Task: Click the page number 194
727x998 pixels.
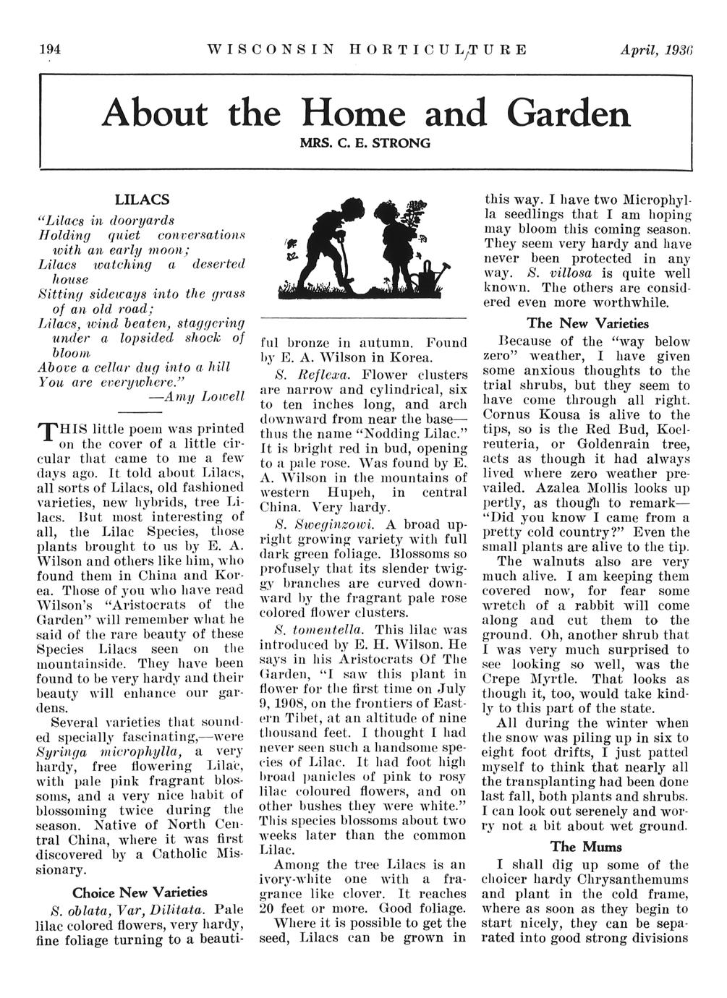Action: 49,50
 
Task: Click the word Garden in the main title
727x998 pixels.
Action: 569,114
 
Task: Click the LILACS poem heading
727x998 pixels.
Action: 143,199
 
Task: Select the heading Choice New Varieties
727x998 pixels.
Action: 140,892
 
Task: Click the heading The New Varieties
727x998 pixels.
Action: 587,323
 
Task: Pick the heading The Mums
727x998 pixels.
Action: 586,846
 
